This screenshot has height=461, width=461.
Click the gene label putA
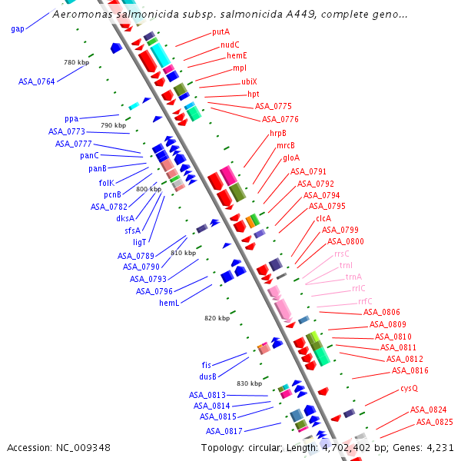coord(221,32)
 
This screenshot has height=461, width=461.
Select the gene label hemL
coord(169,303)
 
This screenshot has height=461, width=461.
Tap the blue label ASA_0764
coord(36,81)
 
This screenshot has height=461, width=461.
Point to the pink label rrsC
coord(341,254)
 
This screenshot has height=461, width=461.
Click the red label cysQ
coord(409,388)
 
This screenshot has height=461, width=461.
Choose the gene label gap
coord(18,29)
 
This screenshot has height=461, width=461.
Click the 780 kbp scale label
coord(76,62)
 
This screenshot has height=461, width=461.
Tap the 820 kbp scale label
coord(217,318)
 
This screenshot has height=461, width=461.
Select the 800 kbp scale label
coord(148,189)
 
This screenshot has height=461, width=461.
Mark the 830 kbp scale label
coord(249,383)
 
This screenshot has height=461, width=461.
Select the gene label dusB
coord(208,376)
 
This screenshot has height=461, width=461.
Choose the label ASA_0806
coord(381,312)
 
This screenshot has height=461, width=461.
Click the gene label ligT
coord(139,242)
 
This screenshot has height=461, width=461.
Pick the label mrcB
coord(286,145)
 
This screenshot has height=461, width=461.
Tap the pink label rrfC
coord(365,300)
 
